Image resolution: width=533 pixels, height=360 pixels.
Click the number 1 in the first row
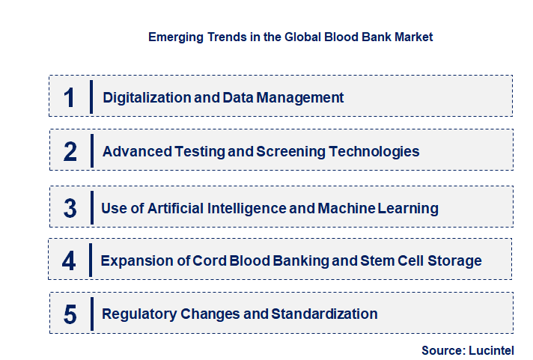pyautogui.click(x=70, y=97)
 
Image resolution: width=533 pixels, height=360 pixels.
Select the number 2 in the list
pyautogui.click(x=70, y=152)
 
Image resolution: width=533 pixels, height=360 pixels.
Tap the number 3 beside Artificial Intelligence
pyautogui.click(x=70, y=208)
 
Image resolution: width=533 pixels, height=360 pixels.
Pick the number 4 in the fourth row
pyautogui.click(x=70, y=261)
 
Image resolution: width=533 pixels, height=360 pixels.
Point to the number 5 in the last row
pyautogui.click(x=70, y=314)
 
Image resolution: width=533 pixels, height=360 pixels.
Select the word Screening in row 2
pyautogui.click(x=288, y=152)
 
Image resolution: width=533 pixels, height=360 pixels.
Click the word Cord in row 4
pyautogui.click(x=209, y=261)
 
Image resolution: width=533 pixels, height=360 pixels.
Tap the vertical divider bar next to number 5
pyautogui.click(x=91, y=313)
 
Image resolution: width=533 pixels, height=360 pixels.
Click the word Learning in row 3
pyautogui.click(x=408, y=208)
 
